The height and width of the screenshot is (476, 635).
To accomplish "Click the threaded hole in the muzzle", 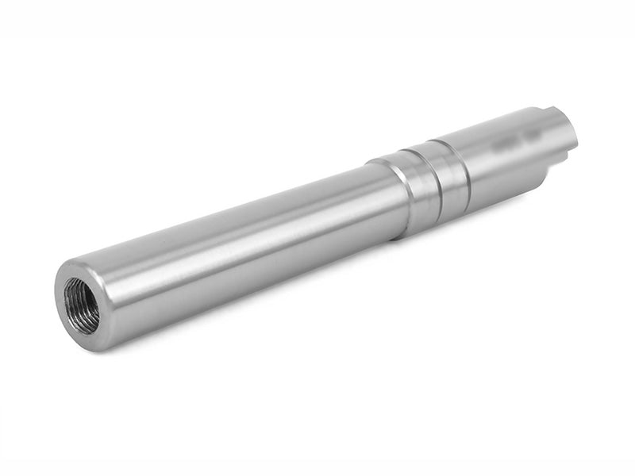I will click(82, 304).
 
